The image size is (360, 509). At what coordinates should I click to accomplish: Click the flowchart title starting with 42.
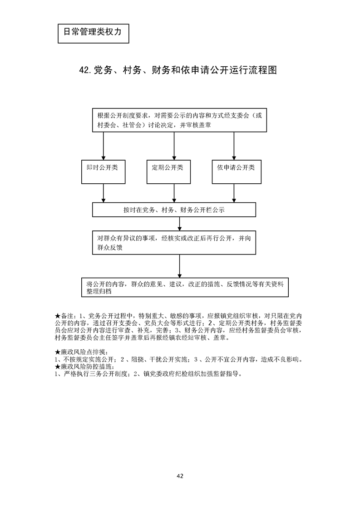coord(178,70)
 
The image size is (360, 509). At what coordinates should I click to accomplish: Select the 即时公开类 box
coord(104,171)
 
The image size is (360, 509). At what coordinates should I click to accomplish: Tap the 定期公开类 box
coord(168,171)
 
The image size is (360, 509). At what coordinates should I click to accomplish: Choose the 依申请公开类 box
coord(237,171)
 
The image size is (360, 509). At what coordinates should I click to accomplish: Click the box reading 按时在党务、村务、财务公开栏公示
coord(174,210)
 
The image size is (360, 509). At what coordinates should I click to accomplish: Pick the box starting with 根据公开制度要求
coord(179,120)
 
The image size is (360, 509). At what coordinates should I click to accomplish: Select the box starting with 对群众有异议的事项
coord(174,243)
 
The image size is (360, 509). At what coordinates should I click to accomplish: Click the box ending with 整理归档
coord(185,287)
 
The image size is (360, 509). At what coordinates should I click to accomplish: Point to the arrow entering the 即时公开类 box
coord(104,146)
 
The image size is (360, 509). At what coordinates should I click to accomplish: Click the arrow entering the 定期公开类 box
coord(174,146)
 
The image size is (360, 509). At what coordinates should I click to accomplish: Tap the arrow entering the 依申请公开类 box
coord(234,146)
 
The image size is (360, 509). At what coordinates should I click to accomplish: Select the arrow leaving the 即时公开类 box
coord(104,193)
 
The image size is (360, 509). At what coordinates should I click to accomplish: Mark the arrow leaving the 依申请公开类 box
coord(234,193)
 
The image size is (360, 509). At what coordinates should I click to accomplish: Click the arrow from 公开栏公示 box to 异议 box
coord(180,224)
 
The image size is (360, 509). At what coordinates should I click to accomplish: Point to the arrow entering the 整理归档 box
coord(180,265)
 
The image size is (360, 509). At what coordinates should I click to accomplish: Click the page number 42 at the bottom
coord(180,476)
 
